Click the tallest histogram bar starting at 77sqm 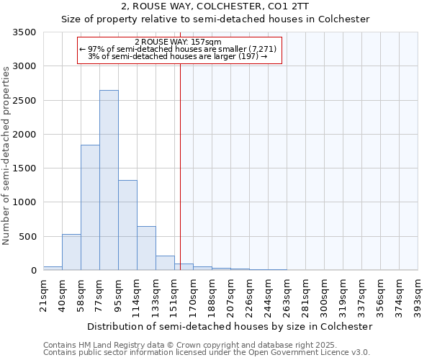(109, 180)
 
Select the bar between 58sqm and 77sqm (90, 207)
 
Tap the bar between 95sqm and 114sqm (127, 225)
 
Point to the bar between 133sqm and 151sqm (165, 263)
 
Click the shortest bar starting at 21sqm (53, 268)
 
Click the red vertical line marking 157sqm (180, 166)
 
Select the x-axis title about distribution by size (230, 326)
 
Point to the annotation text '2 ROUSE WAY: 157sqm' (178, 42)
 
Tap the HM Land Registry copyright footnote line (206, 345)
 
